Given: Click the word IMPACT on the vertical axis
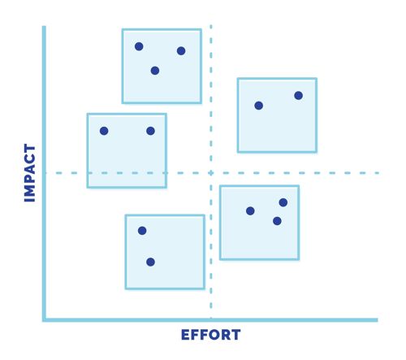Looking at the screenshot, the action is click(30, 173).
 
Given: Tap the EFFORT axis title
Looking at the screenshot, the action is click(210, 335).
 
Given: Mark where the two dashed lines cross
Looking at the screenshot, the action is click(211, 173).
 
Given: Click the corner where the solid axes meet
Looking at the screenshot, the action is click(44, 320).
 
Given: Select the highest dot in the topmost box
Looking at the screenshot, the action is click(139, 46).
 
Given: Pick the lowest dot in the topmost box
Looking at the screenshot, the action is click(155, 71).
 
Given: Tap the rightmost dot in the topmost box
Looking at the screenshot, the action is click(181, 51).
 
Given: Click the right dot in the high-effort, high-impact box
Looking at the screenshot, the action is click(298, 96).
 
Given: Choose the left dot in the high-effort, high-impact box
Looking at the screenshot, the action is click(259, 106).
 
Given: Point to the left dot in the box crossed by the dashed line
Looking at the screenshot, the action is click(104, 131).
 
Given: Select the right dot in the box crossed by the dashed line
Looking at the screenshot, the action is click(150, 131).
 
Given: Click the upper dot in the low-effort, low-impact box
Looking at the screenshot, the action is click(142, 231).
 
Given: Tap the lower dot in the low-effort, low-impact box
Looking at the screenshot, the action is click(150, 262).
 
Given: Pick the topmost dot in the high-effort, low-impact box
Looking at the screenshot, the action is click(283, 202).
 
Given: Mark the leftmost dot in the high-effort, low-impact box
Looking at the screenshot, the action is click(250, 210).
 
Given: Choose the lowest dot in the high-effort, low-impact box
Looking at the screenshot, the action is click(277, 221).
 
